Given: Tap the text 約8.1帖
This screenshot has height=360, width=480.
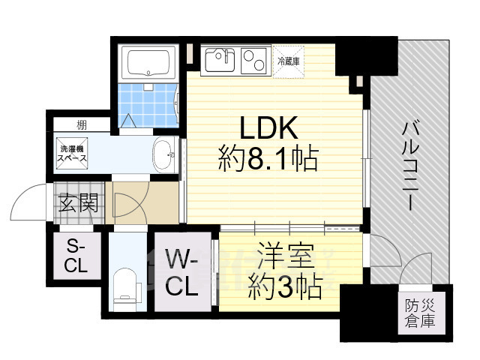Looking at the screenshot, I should tap(268, 158).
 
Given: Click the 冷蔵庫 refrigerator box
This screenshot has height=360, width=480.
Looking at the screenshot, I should tap(289, 60).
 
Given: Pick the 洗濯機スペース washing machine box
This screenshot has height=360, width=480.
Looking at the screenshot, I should tap(73, 154).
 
